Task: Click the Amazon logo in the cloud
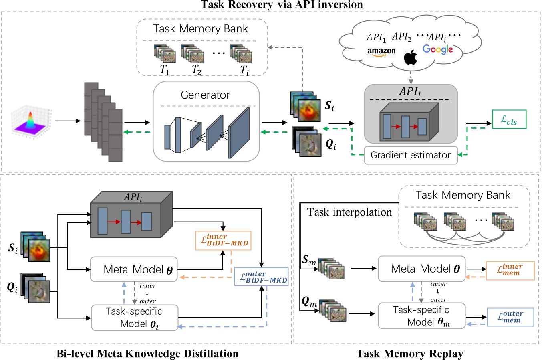pos(381,51)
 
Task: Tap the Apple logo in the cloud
pos(410,58)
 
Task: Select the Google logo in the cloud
pos(437,49)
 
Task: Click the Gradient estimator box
pos(411,155)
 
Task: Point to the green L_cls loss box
pos(509,119)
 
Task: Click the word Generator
pos(205,95)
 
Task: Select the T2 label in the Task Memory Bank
pos(196,70)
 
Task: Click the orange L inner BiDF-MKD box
pos(224,240)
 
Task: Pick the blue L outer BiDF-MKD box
pos(261,277)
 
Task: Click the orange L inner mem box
pos(510,270)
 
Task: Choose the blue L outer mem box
pos(510,317)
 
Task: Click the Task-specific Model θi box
pos(134,318)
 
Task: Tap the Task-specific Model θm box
pos(421,316)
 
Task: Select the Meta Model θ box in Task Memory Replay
pos(421,269)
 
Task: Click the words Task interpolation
pos(349,212)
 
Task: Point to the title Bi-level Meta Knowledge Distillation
pos(147,354)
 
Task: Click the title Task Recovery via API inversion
pos(282,5)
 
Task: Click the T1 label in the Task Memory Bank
pos(165,70)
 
